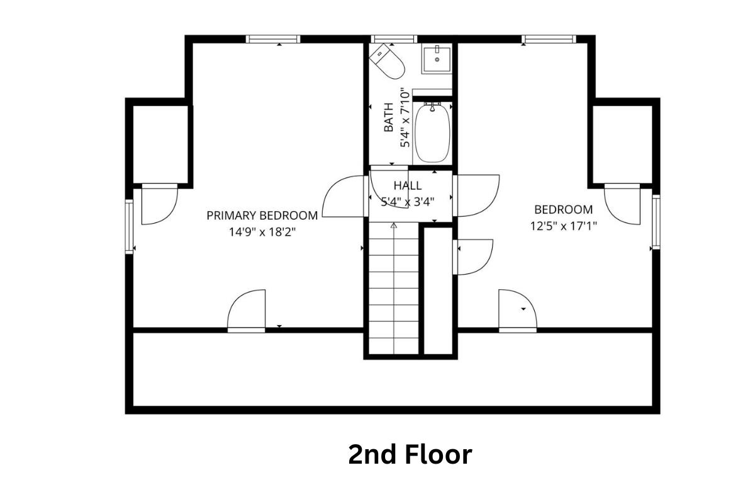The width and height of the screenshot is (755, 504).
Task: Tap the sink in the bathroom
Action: pyautogui.click(x=437, y=59)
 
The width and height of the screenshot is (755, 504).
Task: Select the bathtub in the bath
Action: pyautogui.click(x=433, y=133)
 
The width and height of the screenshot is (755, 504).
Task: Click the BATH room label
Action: pyautogui.click(x=389, y=117)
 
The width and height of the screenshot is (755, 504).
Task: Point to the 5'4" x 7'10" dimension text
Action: pyautogui.click(x=405, y=117)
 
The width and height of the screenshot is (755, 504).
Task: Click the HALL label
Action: pyautogui.click(x=408, y=186)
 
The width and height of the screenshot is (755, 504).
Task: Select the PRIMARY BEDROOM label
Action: pyautogui.click(x=262, y=215)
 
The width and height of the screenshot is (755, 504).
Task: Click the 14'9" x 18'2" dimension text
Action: pyautogui.click(x=262, y=231)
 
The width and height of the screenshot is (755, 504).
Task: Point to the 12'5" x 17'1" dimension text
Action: pyautogui.click(x=563, y=226)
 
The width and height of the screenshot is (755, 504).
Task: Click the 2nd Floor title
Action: pyautogui.click(x=410, y=454)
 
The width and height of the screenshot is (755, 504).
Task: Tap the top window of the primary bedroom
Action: pyautogui.click(x=273, y=39)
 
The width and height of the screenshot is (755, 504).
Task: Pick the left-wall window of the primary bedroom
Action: pyautogui.click(x=129, y=226)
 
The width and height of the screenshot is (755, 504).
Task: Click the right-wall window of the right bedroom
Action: pyautogui.click(x=656, y=222)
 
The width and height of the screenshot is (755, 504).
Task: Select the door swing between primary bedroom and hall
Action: pyautogui.click(x=345, y=197)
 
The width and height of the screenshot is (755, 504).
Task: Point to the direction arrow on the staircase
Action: pyautogui.click(x=394, y=225)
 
